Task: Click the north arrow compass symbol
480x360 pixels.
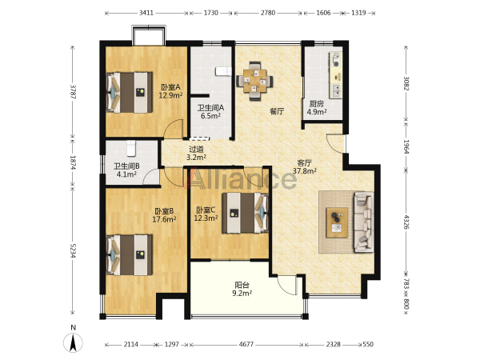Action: point(73,342)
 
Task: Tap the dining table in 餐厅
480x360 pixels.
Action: point(255,81)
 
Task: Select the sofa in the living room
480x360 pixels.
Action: point(364,222)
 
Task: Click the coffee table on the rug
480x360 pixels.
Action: point(337,222)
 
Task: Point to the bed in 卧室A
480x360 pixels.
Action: point(130,93)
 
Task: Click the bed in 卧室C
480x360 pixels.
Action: point(246,213)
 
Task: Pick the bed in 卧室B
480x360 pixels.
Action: point(130,255)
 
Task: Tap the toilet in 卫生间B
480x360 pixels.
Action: point(130,147)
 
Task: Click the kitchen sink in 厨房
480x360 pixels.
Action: point(336,90)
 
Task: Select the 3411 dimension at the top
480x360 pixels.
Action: point(146,13)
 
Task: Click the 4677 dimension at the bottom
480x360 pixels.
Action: point(246,344)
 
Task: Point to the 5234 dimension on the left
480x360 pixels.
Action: point(73,250)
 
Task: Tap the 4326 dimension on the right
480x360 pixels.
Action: point(406,222)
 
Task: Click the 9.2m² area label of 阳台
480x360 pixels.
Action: point(242,294)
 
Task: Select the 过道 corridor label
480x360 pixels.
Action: point(196,150)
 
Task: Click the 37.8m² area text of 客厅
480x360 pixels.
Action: point(305,171)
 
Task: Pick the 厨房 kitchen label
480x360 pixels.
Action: point(316,104)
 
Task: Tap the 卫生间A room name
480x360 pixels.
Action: point(210,108)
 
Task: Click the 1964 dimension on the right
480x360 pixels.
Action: point(406,147)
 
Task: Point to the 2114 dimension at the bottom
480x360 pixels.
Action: point(130,344)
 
